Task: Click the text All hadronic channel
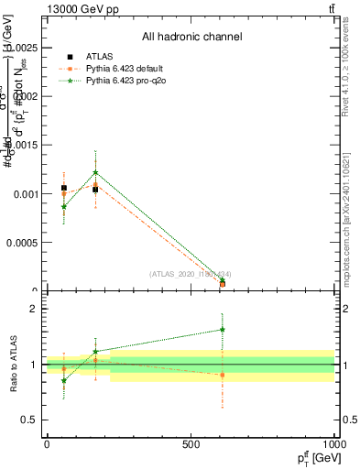tap(191, 38)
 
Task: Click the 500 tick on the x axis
tap(191, 444)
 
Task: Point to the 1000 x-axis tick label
tap(333, 444)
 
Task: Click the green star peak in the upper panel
tap(95, 172)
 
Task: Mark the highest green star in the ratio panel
tap(223, 330)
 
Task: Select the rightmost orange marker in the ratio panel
tap(223, 375)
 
